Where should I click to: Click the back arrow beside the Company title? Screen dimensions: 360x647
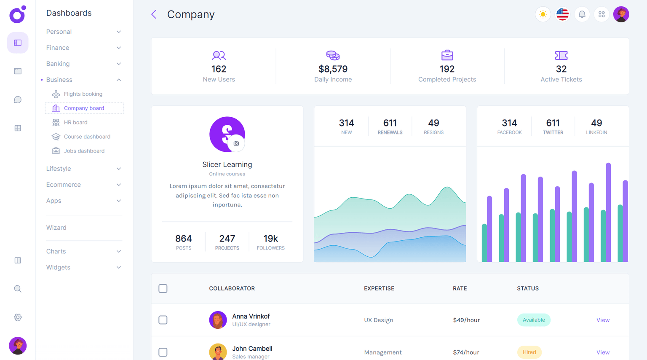pos(154,14)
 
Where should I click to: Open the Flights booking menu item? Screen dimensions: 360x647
pos(83,94)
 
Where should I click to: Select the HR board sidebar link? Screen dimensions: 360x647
pos(75,122)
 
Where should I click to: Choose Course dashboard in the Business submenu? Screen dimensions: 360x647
pos(87,137)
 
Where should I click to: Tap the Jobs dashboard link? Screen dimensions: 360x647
pos(84,151)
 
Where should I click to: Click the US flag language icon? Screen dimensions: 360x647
pos(562,14)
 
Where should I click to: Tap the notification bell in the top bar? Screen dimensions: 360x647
pos(582,14)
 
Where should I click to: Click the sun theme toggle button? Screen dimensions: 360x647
pos(543,14)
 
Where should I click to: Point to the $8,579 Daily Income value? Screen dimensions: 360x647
pos(333,69)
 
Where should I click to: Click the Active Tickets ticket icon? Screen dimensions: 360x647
pos(561,55)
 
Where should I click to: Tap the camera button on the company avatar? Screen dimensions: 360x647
pos(236,143)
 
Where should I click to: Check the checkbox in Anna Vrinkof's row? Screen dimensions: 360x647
pos(163,320)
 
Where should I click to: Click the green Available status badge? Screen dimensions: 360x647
pos(534,320)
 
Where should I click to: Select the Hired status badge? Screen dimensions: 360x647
pos(529,352)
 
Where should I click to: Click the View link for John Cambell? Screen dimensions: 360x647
pos(603,352)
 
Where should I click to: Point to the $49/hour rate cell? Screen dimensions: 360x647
pos(466,320)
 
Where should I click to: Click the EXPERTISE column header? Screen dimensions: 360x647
pos(379,288)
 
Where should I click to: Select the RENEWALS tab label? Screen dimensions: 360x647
pos(390,132)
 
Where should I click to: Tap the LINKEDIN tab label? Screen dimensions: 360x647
pos(596,132)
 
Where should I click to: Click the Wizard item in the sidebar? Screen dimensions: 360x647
pos(56,228)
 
